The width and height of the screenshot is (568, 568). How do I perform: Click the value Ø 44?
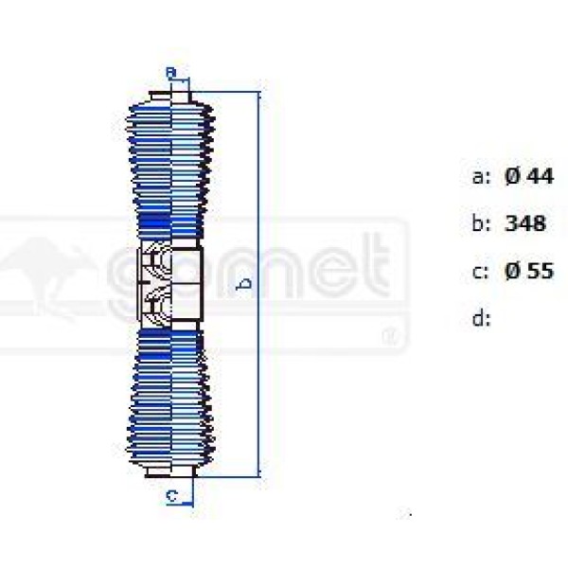528,175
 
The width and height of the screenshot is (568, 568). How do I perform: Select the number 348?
525,223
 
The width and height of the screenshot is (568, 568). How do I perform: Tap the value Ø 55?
528,271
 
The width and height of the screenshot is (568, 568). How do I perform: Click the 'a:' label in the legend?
481,176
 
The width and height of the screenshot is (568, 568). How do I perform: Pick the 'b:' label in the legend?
481,224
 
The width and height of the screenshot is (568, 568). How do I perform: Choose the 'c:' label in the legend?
481,272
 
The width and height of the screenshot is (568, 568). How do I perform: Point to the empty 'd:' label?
481,319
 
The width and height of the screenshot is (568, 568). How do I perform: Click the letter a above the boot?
170,72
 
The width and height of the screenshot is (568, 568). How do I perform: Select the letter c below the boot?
171,494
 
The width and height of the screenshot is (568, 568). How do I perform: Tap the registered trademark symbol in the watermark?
389,335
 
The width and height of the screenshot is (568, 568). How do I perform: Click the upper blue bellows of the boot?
170,161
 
